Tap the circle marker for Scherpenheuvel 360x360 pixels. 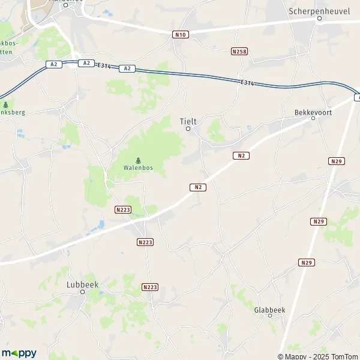320,19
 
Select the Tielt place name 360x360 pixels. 188,121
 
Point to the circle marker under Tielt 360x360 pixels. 188,128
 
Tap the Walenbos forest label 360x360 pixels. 138,167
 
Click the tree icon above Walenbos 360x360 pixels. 138,160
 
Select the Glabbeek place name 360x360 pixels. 269,309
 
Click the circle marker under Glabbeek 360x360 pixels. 269,316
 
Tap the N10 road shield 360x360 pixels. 180,35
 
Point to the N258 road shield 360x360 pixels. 239,52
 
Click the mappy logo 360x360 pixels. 19,353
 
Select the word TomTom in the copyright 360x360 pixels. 343,356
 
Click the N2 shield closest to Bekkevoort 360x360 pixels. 241,155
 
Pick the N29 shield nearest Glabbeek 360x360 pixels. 307,262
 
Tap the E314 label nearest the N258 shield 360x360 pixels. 246,82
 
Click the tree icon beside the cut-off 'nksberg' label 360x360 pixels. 5,104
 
